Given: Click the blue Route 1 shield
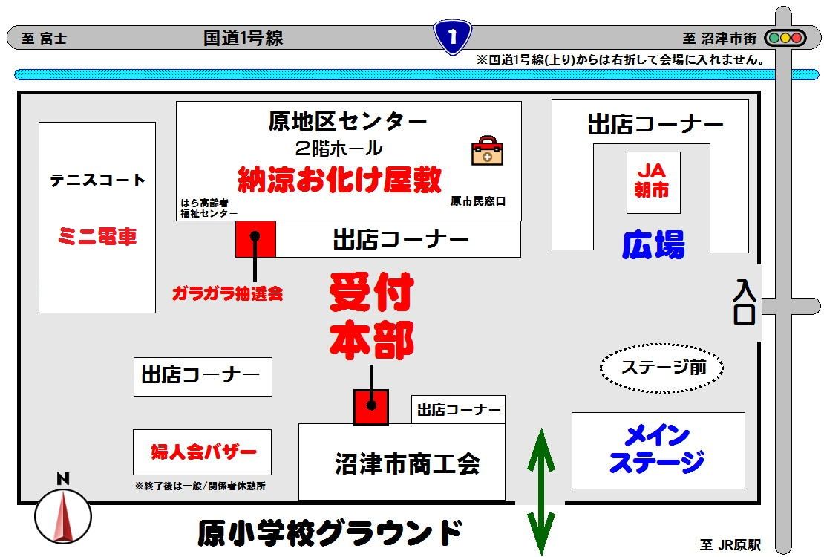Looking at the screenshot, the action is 452,37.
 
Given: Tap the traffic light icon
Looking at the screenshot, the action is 785,38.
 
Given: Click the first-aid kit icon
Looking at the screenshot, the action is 487,151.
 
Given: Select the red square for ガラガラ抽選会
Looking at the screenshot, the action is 255,239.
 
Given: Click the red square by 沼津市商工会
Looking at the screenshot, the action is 371,406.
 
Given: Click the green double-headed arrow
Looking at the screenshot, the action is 540,492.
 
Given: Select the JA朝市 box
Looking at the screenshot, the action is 653,183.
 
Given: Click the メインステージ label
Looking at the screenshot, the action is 657,449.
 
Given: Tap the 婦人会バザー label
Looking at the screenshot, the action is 203,452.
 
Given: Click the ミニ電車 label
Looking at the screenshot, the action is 97,236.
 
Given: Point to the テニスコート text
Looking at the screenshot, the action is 97,180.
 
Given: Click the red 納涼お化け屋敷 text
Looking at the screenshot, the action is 339,180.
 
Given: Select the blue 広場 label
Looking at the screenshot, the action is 653,244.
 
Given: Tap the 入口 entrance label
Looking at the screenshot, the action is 745,302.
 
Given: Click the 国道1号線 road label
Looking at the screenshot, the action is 243,38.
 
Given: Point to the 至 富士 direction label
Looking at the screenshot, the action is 44,39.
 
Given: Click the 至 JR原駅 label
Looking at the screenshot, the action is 730,545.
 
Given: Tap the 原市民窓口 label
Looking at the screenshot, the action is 477,201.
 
